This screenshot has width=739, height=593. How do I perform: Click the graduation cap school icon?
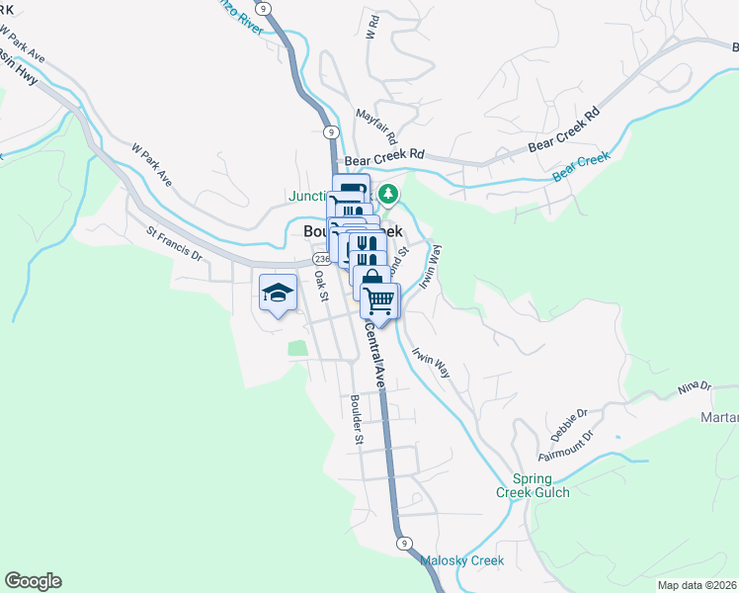278,293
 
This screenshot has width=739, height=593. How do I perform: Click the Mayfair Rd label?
376,124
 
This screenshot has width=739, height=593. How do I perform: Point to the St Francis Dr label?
174,244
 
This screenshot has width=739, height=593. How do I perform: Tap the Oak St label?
320,282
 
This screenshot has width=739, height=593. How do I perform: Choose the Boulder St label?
357,419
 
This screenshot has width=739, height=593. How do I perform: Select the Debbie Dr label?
569,424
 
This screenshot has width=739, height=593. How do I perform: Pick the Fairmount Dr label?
567,447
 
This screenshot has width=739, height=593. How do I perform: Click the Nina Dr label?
695,385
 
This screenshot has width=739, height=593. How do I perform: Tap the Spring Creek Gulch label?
534,485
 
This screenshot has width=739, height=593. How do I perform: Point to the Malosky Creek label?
462,560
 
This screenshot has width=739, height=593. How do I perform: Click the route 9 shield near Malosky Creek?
404,543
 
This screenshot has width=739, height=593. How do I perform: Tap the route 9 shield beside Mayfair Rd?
332,131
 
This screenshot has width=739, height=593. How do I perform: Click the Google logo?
33,581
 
